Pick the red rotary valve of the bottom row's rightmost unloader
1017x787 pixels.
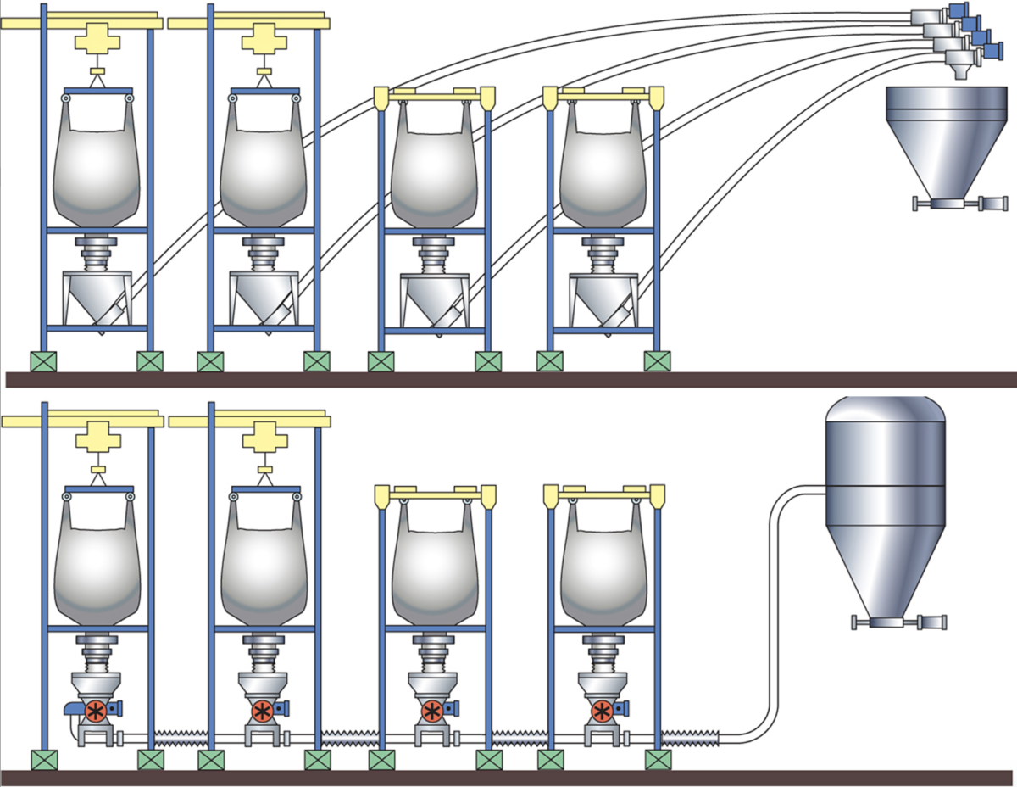pyautogui.click(x=603, y=710)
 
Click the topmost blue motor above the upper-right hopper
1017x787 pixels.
pyautogui.click(x=959, y=8)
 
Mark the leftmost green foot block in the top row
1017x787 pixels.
pyautogui.click(x=42, y=361)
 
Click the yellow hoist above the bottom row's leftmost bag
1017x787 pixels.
pyautogui.click(x=100, y=441)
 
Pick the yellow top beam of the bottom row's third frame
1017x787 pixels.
pyautogui.click(x=435, y=493)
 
